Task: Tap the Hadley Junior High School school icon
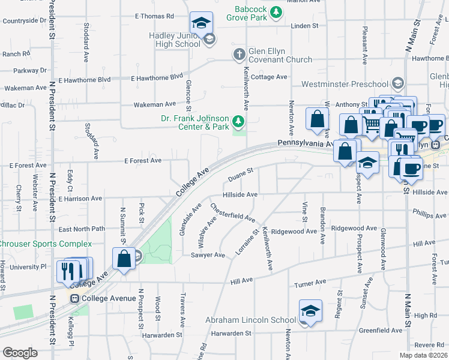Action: (x=209, y=40)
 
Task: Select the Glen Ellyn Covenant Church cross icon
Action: (x=239, y=55)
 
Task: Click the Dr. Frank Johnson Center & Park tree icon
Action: (x=239, y=122)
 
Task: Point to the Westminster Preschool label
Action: (x=345, y=84)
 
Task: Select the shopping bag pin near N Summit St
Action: (x=124, y=260)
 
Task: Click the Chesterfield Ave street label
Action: (x=232, y=213)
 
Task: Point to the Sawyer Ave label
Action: (x=208, y=255)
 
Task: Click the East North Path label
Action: (x=82, y=229)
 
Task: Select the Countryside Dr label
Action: (x=25, y=21)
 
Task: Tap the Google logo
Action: (x=20, y=353)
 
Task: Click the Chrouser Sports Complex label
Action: (x=45, y=244)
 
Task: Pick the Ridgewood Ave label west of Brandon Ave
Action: (x=294, y=231)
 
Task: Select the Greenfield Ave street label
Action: (x=381, y=331)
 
